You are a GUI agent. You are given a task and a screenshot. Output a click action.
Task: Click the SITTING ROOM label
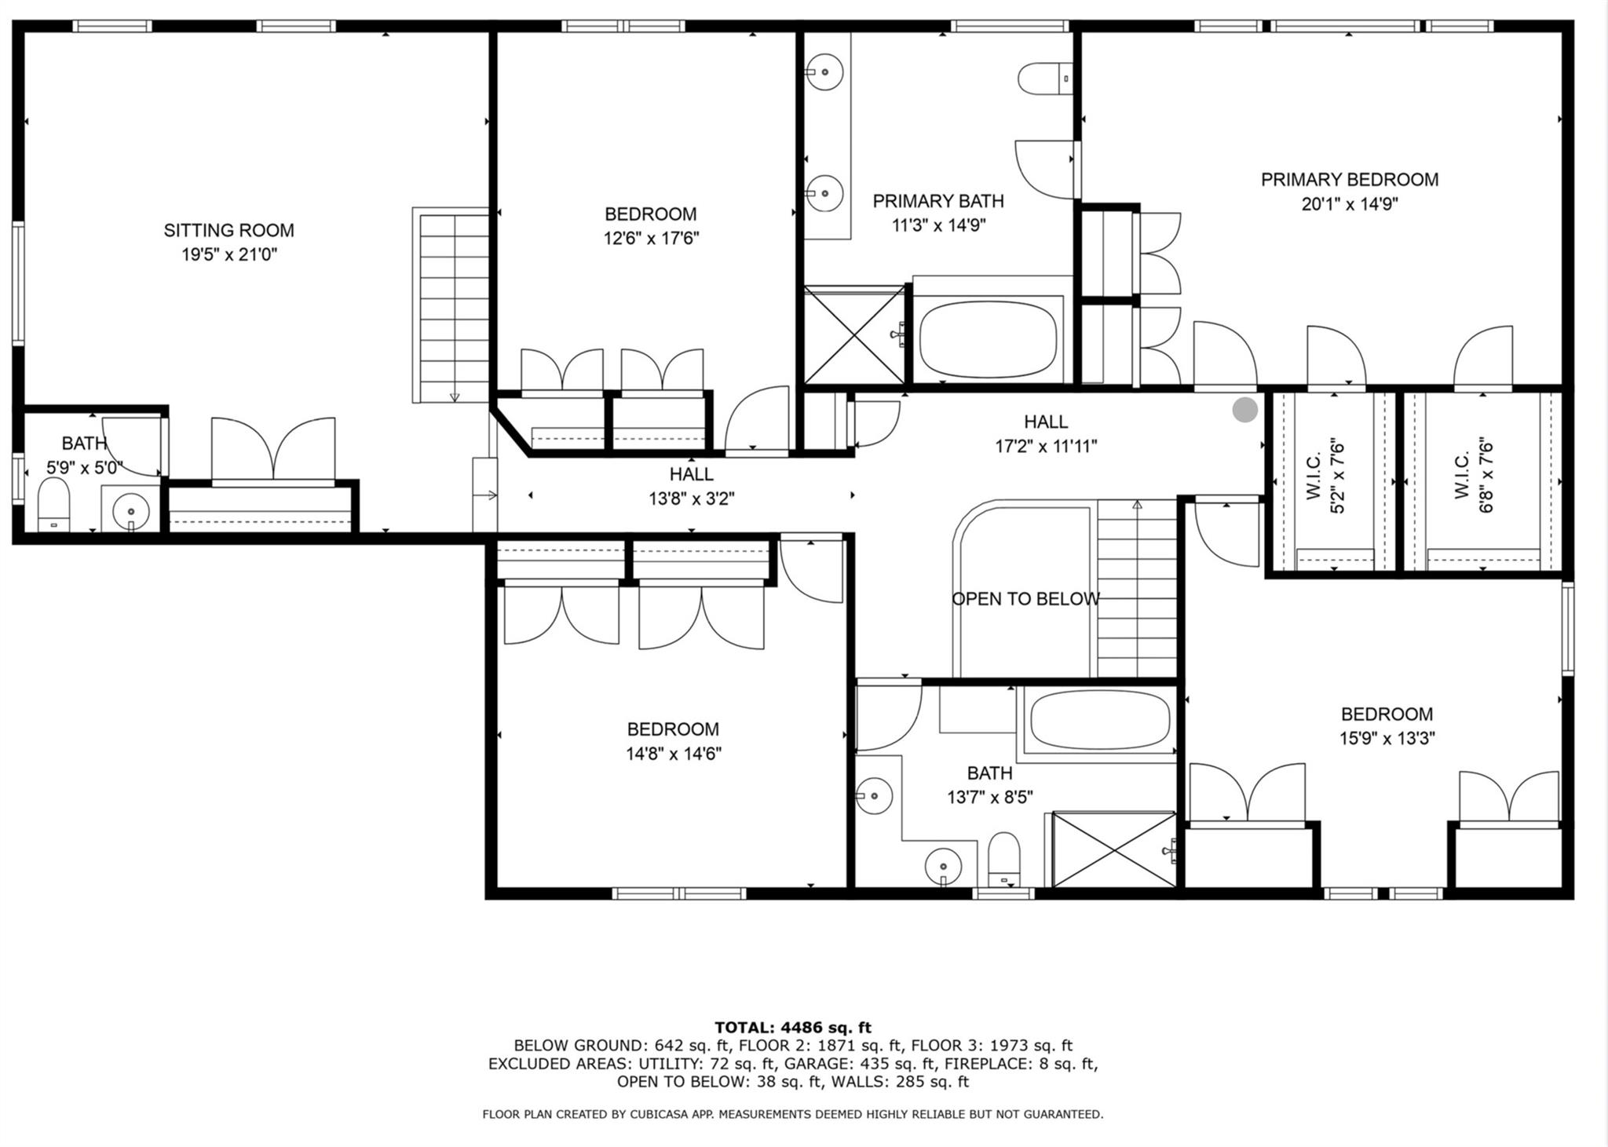pyautogui.click(x=228, y=231)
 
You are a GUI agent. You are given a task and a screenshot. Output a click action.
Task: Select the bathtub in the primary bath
pyautogui.click(x=988, y=339)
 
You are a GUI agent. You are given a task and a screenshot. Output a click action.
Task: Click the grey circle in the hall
pyautogui.click(x=1244, y=410)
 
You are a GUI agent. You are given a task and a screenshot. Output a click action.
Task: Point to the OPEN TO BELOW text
pyautogui.click(x=1025, y=599)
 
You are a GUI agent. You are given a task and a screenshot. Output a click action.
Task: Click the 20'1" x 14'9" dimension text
pyautogui.click(x=1350, y=204)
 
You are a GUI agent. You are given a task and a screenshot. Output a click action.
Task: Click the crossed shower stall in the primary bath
pyautogui.click(x=853, y=335)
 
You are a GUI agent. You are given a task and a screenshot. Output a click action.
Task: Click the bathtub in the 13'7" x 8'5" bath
pyautogui.click(x=1100, y=721)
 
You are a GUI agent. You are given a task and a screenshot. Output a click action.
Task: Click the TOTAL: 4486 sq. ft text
pyautogui.click(x=793, y=1027)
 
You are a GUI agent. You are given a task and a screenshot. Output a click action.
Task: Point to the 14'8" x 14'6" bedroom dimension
pyautogui.click(x=674, y=754)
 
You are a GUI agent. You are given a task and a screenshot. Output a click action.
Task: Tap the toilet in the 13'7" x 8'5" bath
pyautogui.click(x=1003, y=860)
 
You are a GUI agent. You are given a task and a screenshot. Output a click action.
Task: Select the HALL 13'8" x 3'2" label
pyautogui.click(x=691, y=486)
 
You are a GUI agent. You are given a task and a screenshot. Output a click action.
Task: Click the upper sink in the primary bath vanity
pyautogui.click(x=824, y=72)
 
